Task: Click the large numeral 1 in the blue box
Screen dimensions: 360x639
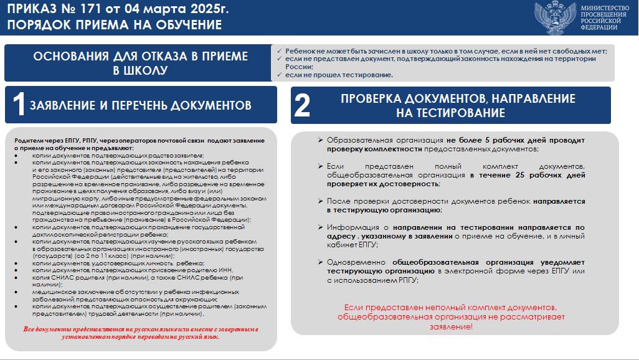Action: (x=19, y=105)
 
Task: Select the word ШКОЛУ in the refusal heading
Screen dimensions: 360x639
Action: (x=147, y=70)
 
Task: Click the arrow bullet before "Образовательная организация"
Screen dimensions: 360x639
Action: (x=319, y=140)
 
